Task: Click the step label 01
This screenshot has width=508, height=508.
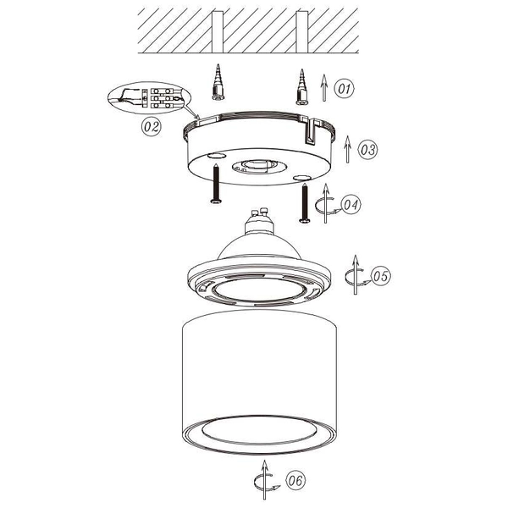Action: coord(344,87)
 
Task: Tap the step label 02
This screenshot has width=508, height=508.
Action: coord(150,127)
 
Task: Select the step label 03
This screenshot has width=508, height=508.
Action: coord(366,150)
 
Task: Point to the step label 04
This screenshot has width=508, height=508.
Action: coord(351,204)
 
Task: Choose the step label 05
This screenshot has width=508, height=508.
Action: coord(380,275)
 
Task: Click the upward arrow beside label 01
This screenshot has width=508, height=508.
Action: coord(325,86)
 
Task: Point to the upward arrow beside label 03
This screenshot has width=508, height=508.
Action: coord(347,149)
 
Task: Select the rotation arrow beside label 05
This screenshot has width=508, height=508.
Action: coord(356,274)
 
